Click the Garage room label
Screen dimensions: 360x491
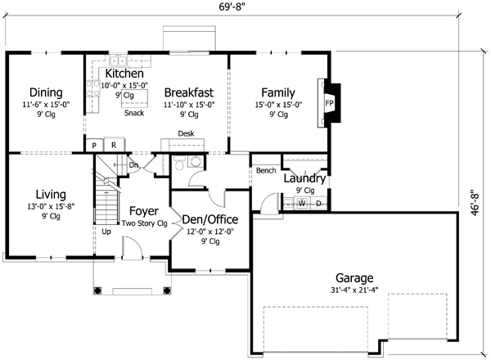pyautogui.click(x=354, y=277)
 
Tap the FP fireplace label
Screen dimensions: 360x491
pyautogui.click(x=329, y=104)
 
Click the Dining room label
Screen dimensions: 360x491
pyautogui.click(x=46, y=92)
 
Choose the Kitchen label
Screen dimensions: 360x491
pyautogui.click(x=124, y=74)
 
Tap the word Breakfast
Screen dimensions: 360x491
pyautogui.click(x=188, y=92)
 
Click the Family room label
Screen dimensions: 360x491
pyautogui.click(x=278, y=92)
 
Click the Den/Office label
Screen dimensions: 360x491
pyautogui.click(x=209, y=219)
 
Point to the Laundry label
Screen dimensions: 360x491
pyautogui.click(x=305, y=178)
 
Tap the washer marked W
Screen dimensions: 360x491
pyautogui.click(x=301, y=202)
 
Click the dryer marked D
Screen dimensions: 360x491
pyautogui.click(x=318, y=202)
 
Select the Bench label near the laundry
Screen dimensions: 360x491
pyautogui.click(x=265, y=171)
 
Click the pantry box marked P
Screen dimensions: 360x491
pyautogui.click(x=94, y=145)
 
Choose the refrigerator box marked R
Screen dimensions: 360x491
pyautogui.click(x=113, y=145)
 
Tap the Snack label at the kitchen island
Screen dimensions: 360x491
pyautogui.click(x=134, y=113)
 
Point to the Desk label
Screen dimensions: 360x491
pyautogui.click(x=186, y=134)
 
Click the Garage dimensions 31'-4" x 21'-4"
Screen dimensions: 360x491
pyautogui.click(x=354, y=290)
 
